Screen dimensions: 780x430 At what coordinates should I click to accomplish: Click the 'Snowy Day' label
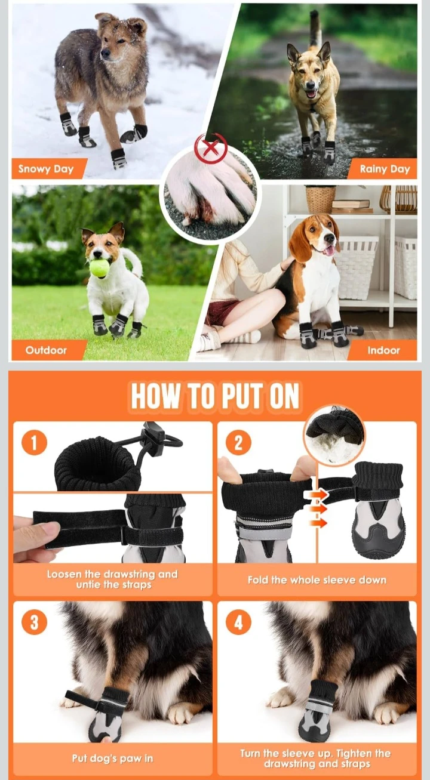pyautogui.click(x=46, y=169)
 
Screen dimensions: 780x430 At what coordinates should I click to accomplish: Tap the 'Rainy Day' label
pyautogui.click(x=385, y=169)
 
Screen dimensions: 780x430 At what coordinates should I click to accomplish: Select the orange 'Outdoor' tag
pyautogui.click(x=46, y=350)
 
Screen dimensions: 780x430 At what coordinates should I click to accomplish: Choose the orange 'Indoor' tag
pyautogui.click(x=383, y=350)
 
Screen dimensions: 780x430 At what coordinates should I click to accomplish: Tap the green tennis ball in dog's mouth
pyautogui.click(x=100, y=268)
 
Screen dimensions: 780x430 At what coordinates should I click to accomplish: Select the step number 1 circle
pyautogui.click(x=34, y=442)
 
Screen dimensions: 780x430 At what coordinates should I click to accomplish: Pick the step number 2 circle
pyautogui.click(x=238, y=442)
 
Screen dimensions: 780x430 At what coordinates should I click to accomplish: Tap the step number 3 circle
pyautogui.click(x=34, y=622)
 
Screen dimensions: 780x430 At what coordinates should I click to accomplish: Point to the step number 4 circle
pyautogui.click(x=238, y=622)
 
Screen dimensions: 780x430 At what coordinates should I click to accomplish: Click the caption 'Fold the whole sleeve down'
pyautogui.click(x=317, y=580)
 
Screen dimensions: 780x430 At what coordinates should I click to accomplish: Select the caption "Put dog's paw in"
pyautogui.click(x=112, y=759)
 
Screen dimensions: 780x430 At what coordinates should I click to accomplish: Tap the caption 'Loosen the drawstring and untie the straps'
pyautogui.click(x=112, y=579)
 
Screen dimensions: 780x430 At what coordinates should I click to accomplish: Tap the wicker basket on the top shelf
pyautogui.click(x=321, y=199)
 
